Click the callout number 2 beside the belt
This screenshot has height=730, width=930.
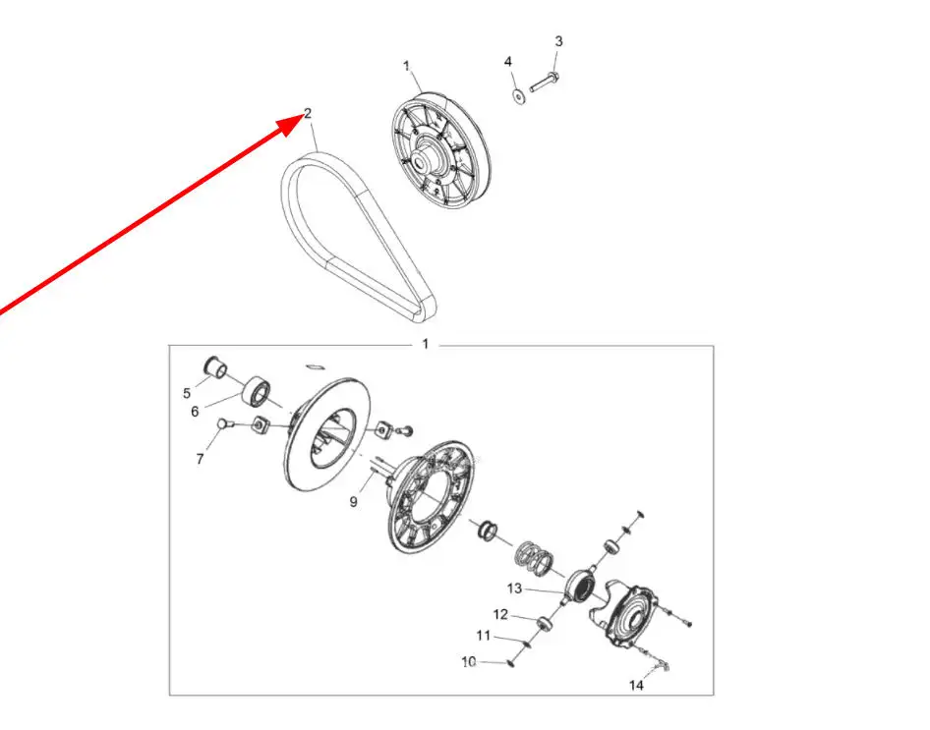[x=308, y=113]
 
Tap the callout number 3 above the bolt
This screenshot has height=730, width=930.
[x=558, y=41]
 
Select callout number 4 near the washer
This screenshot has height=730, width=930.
[x=508, y=62]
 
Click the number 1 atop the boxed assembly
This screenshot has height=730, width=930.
[x=425, y=344]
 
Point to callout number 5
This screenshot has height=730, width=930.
[x=187, y=393]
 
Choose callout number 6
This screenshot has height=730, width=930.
[x=195, y=412]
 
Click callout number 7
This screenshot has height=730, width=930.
[x=200, y=459]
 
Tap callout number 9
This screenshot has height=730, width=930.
[x=354, y=502]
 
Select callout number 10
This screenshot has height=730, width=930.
[x=469, y=662]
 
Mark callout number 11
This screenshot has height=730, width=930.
[x=484, y=636]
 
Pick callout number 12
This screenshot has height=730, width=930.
[x=500, y=614]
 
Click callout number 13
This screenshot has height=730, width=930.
[x=514, y=589]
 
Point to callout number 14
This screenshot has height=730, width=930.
[x=636, y=686]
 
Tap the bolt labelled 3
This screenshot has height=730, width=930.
[x=544, y=83]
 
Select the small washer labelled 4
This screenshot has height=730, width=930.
[x=518, y=96]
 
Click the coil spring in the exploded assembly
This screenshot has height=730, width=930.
[x=534, y=558]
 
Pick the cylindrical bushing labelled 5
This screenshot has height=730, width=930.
[x=214, y=366]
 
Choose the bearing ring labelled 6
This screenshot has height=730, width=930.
[x=258, y=391]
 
